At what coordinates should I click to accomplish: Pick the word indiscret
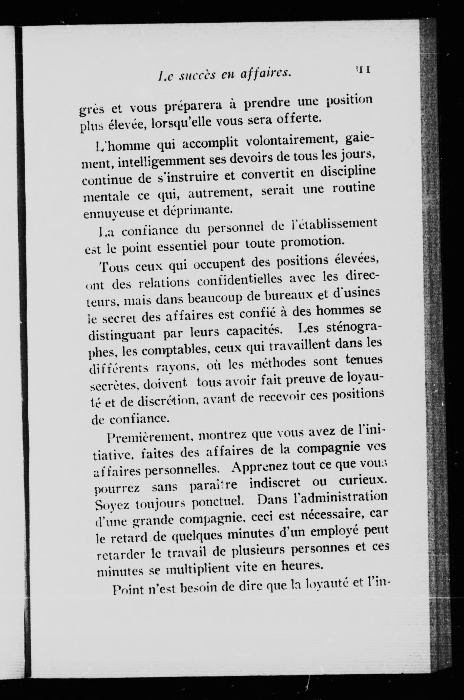(x=274, y=482)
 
